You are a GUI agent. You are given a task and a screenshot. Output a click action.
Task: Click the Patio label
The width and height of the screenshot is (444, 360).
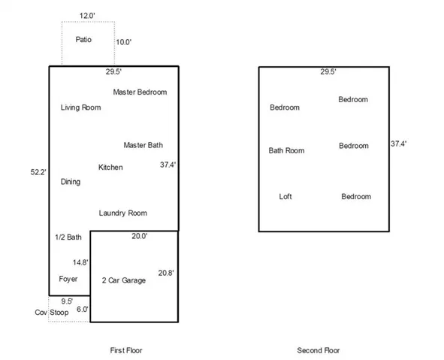83,39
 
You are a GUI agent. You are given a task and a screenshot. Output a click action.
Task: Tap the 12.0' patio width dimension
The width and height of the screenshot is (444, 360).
87,16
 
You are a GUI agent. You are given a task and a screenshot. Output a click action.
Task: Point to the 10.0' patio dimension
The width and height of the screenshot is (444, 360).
124,42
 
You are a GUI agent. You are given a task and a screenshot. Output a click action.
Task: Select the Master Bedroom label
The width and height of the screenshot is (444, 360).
140,92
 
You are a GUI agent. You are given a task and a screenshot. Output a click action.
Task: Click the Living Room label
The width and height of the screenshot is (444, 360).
80,107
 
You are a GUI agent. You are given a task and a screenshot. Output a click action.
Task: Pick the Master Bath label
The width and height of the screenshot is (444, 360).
143,145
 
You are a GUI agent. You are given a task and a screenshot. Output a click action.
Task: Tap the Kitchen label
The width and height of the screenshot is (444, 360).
110,167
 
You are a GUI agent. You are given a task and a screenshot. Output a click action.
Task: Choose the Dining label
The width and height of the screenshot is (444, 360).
71,182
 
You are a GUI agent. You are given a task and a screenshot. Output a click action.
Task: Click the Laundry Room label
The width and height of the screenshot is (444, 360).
123,213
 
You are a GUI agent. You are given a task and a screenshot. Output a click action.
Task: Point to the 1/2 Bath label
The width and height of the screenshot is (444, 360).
68,237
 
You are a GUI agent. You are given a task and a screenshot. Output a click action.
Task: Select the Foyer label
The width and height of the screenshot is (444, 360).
68,279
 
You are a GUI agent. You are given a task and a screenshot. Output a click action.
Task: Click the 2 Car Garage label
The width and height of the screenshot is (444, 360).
124,280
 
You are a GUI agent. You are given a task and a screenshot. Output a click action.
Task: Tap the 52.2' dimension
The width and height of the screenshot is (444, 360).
38,172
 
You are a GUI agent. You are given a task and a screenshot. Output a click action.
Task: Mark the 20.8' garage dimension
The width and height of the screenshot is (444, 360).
166,273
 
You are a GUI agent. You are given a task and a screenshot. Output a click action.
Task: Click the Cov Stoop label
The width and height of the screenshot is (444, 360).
52,313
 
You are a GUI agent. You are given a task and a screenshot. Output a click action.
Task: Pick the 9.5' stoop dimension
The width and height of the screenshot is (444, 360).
67,301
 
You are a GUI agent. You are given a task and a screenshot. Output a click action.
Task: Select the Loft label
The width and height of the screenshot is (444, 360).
285,197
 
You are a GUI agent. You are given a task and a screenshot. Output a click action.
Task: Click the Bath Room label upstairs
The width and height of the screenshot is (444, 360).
286,150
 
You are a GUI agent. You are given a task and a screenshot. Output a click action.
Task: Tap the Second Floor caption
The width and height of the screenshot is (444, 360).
319,350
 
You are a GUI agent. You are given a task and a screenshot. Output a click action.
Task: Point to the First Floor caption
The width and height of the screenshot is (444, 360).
126,350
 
